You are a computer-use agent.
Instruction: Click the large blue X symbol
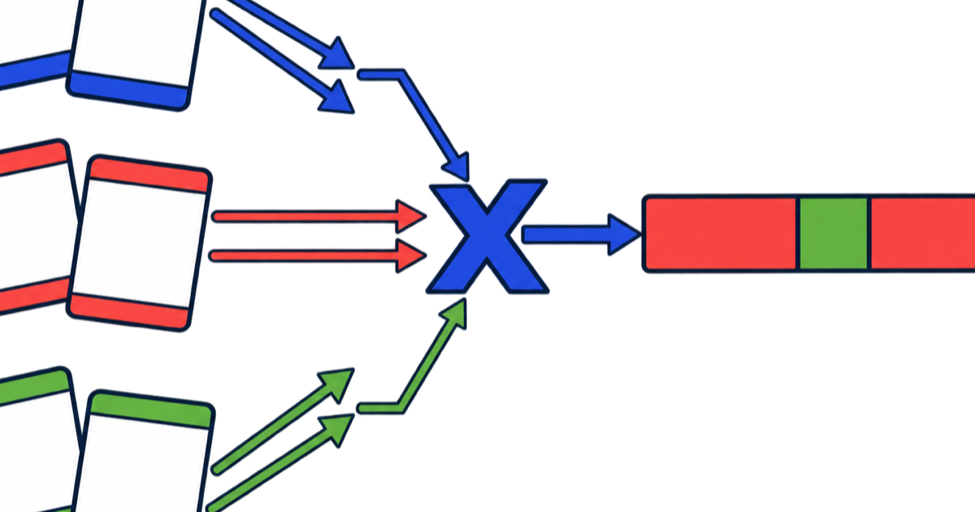click(487, 236)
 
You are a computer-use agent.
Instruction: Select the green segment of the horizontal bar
click(833, 233)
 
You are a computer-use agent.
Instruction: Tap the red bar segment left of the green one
click(721, 233)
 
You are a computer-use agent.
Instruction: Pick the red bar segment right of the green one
click(923, 233)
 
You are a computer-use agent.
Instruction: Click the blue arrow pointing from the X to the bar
click(581, 234)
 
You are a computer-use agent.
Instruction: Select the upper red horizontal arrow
click(318, 216)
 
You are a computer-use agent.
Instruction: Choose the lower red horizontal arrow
click(318, 256)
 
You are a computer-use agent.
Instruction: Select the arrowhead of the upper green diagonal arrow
click(337, 385)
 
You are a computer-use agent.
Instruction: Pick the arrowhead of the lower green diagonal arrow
click(337, 430)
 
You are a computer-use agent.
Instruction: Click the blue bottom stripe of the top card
click(128, 91)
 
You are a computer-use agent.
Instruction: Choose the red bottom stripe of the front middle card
click(129, 311)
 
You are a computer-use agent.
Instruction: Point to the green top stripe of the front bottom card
click(151, 410)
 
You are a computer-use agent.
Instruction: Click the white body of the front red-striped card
click(139, 243)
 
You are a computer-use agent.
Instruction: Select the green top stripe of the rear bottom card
click(34, 387)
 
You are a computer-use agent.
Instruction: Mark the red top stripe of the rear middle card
click(33, 158)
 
